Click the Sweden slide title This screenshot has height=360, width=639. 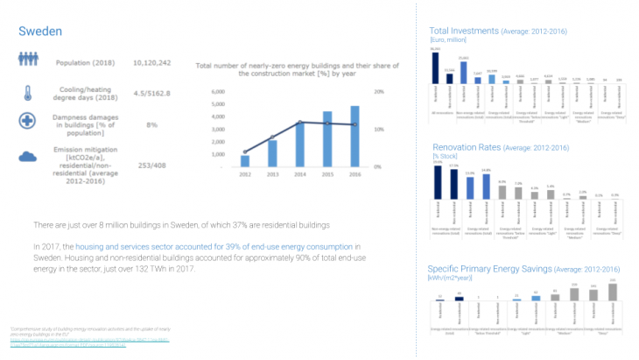40,32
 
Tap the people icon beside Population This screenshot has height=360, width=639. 27,61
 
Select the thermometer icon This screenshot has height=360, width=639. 27,93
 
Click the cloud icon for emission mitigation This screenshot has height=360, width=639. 27,157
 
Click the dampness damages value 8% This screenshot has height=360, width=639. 151,125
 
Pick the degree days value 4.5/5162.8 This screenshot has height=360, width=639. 151,93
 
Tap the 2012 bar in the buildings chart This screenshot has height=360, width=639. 245,160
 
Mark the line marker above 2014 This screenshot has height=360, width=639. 300,123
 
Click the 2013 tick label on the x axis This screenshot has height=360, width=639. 273,174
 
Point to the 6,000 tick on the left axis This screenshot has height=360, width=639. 219,92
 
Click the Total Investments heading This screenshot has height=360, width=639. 463,30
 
